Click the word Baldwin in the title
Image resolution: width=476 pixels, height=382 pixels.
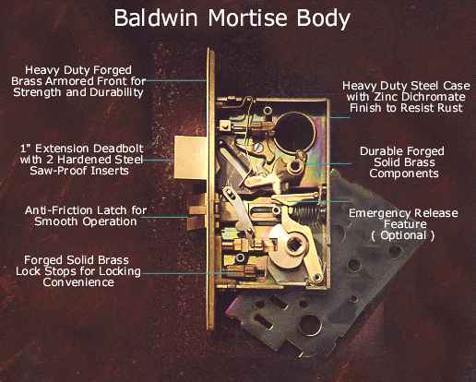click(156, 18)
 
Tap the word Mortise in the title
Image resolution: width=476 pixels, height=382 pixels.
click(248, 18)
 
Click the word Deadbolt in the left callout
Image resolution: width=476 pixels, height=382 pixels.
click(119, 149)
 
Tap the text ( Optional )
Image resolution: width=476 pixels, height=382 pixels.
click(403, 235)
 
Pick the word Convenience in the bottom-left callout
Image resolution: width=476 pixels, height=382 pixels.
click(78, 282)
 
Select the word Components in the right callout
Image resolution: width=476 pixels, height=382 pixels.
click(404, 173)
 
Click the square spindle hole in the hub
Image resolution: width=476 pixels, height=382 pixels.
click(293, 245)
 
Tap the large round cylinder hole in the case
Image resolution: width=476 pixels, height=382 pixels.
click(294, 131)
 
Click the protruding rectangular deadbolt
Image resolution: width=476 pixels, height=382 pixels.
click(190, 158)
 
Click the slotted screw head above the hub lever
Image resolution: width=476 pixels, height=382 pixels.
click(259, 148)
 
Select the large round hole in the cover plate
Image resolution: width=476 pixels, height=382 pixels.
click(310, 325)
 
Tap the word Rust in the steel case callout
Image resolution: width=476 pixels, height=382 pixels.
click(451, 108)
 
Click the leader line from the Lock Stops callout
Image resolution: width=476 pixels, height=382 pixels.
click(189, 273)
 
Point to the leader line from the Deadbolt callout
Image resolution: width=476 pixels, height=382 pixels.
click(159, 160)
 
